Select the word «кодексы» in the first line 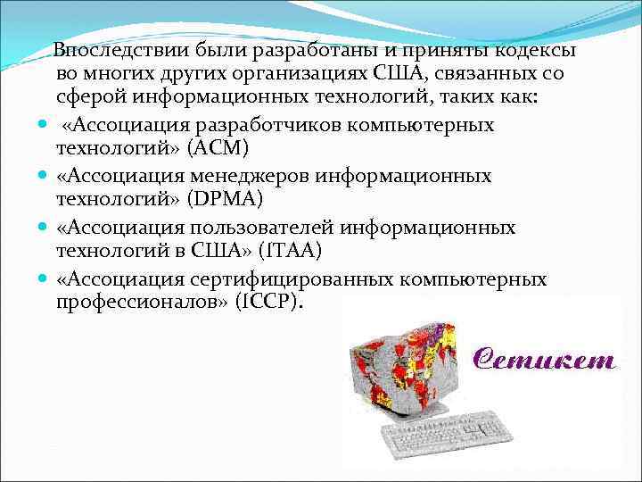click(x=531, y=49)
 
